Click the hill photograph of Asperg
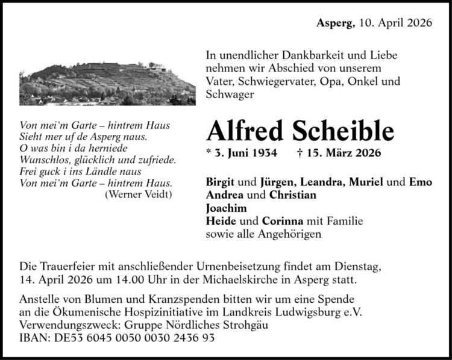[x=107, y=84]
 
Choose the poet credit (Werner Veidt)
[x=139, y=194]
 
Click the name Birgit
[x=221, y=182]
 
